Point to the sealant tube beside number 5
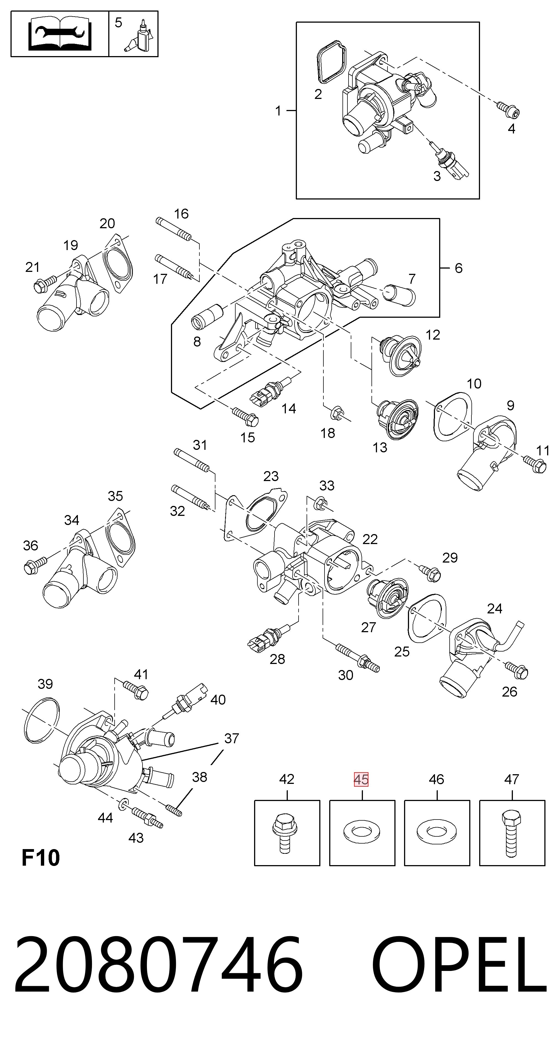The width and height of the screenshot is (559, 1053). coord(140,37)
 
